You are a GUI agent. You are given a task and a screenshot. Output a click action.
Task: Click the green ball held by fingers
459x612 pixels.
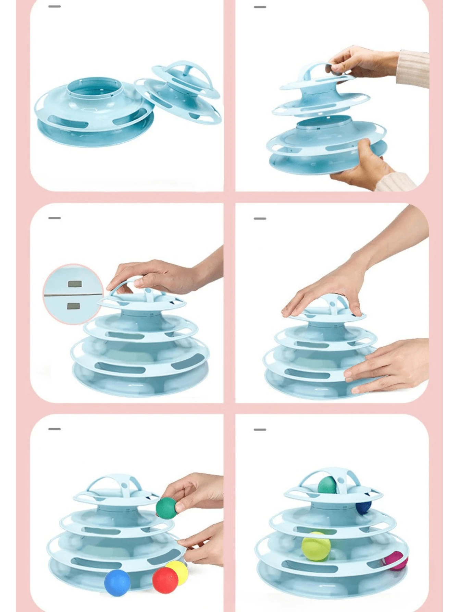click(166, 508)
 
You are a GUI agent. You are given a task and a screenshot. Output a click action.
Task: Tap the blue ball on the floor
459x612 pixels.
click(117, 583)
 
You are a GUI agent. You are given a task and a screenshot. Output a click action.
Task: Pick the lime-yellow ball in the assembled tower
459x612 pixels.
click(316, 547)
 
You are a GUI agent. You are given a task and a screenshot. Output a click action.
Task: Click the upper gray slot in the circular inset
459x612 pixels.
click(75, 284)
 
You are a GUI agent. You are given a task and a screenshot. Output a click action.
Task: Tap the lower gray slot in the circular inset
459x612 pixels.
click(74, 306)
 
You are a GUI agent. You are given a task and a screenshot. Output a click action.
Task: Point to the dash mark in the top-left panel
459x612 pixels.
click(54, 7)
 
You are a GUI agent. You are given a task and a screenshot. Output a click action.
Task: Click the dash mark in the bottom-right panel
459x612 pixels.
click(260, 429)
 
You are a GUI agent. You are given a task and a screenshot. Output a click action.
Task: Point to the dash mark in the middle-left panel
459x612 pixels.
click(54, 218)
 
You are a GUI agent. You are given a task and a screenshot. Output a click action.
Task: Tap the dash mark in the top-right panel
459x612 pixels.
click(260, 7)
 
